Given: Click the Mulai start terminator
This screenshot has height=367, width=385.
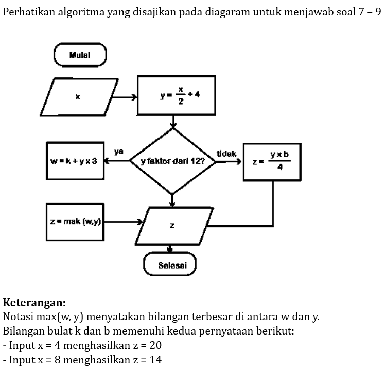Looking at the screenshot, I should click(x=80, y=55).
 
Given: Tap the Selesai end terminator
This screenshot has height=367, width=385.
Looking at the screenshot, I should click(x=169, y=265).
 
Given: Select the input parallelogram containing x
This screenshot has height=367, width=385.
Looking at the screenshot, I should click(x=79, y=96).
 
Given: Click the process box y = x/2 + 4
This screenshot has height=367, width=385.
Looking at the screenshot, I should click(x=176, y=95).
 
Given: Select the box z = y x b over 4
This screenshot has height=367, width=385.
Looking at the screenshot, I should click(x=271, y=162).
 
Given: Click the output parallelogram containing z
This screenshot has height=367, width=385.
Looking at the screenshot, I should click(x=172, y=226).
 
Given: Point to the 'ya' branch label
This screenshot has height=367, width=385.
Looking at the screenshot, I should click(x=119, y=152).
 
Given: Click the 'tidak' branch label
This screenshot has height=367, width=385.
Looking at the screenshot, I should click(x=226, y=153).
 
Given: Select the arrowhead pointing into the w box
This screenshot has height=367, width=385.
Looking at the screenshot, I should click(x=107, y=161).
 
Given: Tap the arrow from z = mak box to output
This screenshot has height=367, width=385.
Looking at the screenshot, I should click(x=124, y=222).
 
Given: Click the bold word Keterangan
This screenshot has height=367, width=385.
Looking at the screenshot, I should click(x=34, y=302).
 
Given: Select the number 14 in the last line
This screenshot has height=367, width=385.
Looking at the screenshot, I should click(x=155, y=359).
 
